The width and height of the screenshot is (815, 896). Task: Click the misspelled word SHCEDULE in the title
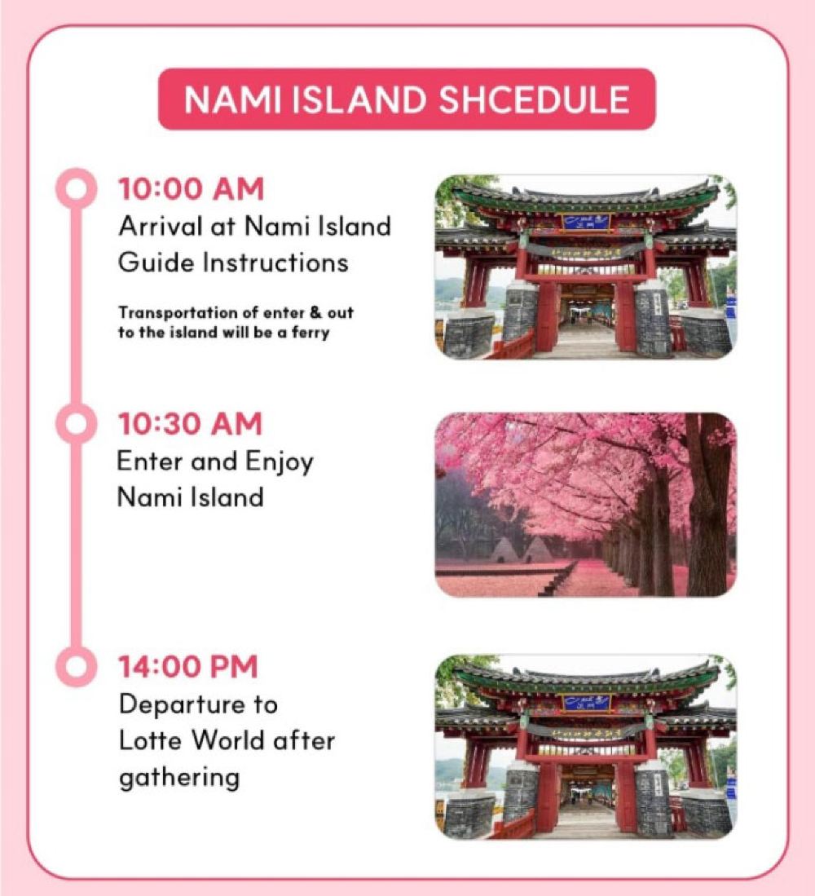534,99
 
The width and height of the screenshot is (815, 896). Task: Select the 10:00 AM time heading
192,189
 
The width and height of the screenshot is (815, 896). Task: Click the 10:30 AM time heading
190,424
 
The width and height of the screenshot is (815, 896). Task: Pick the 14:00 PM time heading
188,666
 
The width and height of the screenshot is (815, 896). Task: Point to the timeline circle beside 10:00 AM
76,189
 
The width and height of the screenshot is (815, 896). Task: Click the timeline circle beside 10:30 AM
76,424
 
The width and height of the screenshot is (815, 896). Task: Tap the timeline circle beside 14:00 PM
76,666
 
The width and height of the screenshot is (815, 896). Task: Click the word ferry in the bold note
311,333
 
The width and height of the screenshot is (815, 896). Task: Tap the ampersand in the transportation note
316,312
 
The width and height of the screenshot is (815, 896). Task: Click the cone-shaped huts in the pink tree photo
520,550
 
